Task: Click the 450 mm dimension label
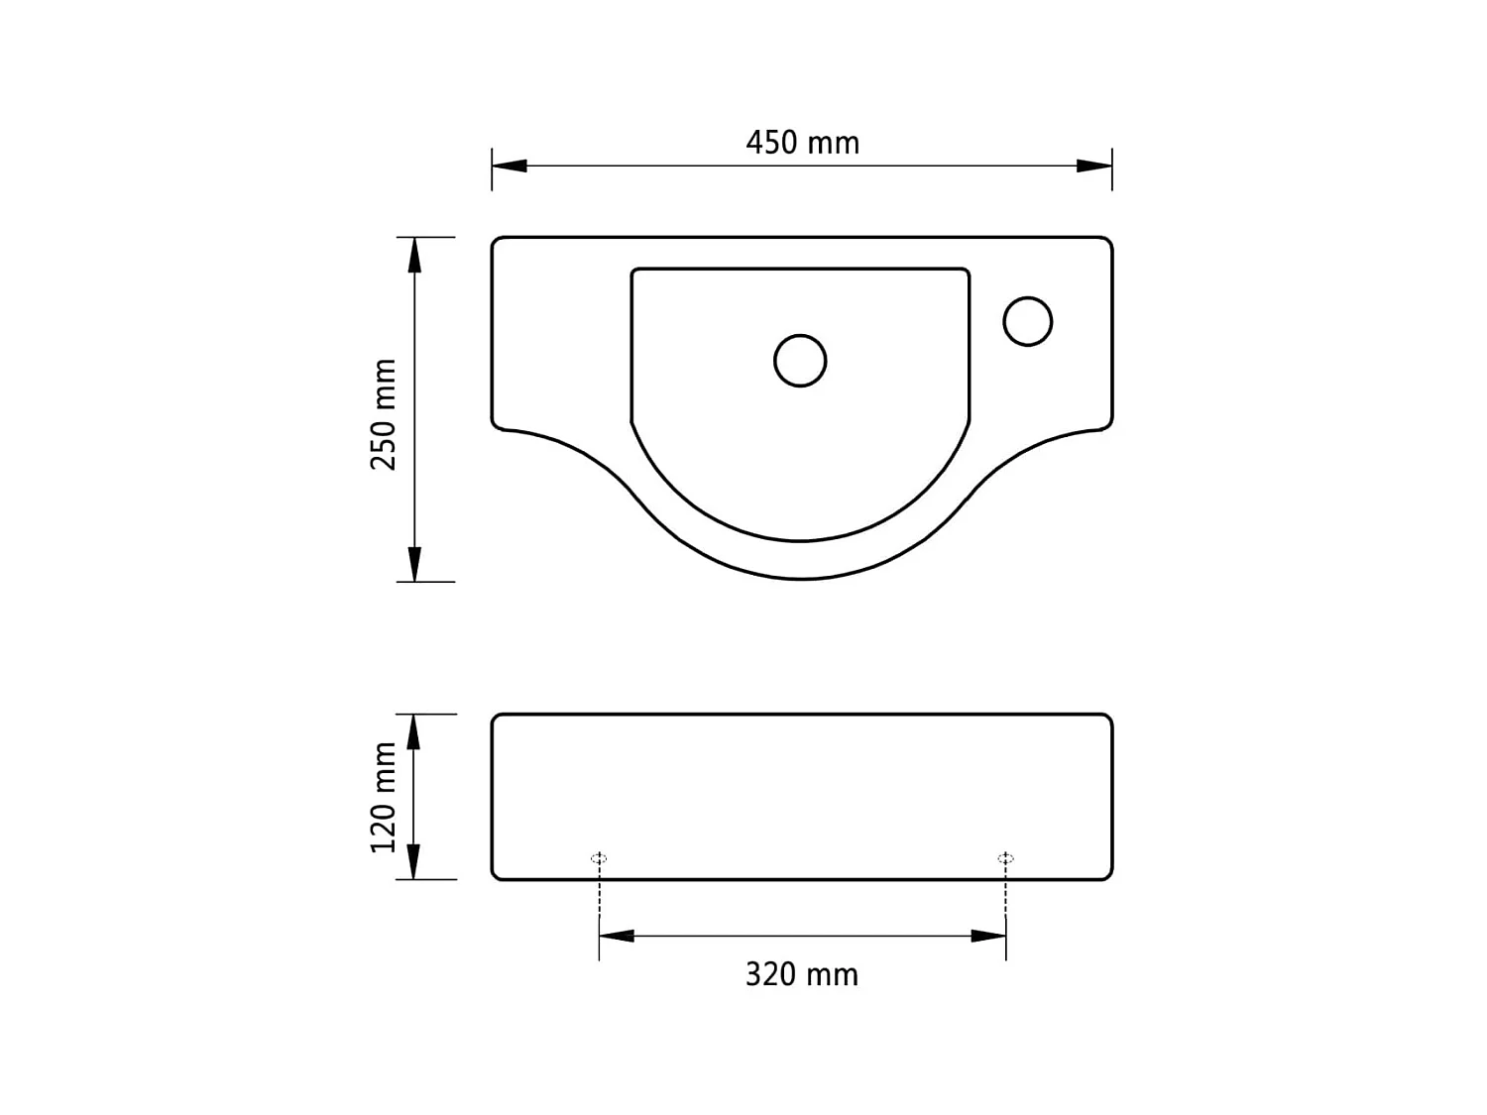(x=802, y=143)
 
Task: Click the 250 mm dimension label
(x=384, y=414)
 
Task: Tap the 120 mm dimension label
(x=384, y=797)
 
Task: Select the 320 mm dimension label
(x=802, y=974)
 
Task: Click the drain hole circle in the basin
(x=800, y=360)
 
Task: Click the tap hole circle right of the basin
(x=1027, y=321)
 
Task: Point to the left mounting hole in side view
(x=599, y=858)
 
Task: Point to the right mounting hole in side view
(x=1005, y=858)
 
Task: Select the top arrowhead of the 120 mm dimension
(x=414, y=731)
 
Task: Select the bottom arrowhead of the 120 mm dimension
(x=414, y=861)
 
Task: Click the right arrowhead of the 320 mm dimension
(x=988, y=936)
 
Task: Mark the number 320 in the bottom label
(x=771, y=974)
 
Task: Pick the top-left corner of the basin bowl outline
(x=634, y=271)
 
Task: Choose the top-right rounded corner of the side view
(x=1107, y=719)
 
